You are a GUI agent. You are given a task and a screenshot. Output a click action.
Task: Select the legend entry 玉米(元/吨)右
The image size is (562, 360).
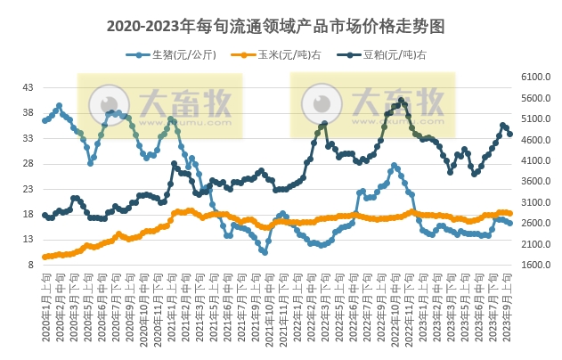pos(277,54)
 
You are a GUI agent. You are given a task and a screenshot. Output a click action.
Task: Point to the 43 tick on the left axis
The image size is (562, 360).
pos(28,87)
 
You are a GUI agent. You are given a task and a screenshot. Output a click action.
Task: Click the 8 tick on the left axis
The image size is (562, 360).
pos(30,265)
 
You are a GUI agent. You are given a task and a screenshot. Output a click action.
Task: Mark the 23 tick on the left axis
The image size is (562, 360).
pos(28,189)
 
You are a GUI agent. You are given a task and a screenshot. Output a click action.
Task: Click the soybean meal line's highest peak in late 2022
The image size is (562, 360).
pos(402,100)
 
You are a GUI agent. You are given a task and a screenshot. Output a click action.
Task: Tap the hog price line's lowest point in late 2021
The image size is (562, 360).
pos(264,252)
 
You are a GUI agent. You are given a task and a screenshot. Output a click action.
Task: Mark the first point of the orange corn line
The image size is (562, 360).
pos(45,257)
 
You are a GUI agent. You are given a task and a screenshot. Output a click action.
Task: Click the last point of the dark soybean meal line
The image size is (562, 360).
pos(509,134)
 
